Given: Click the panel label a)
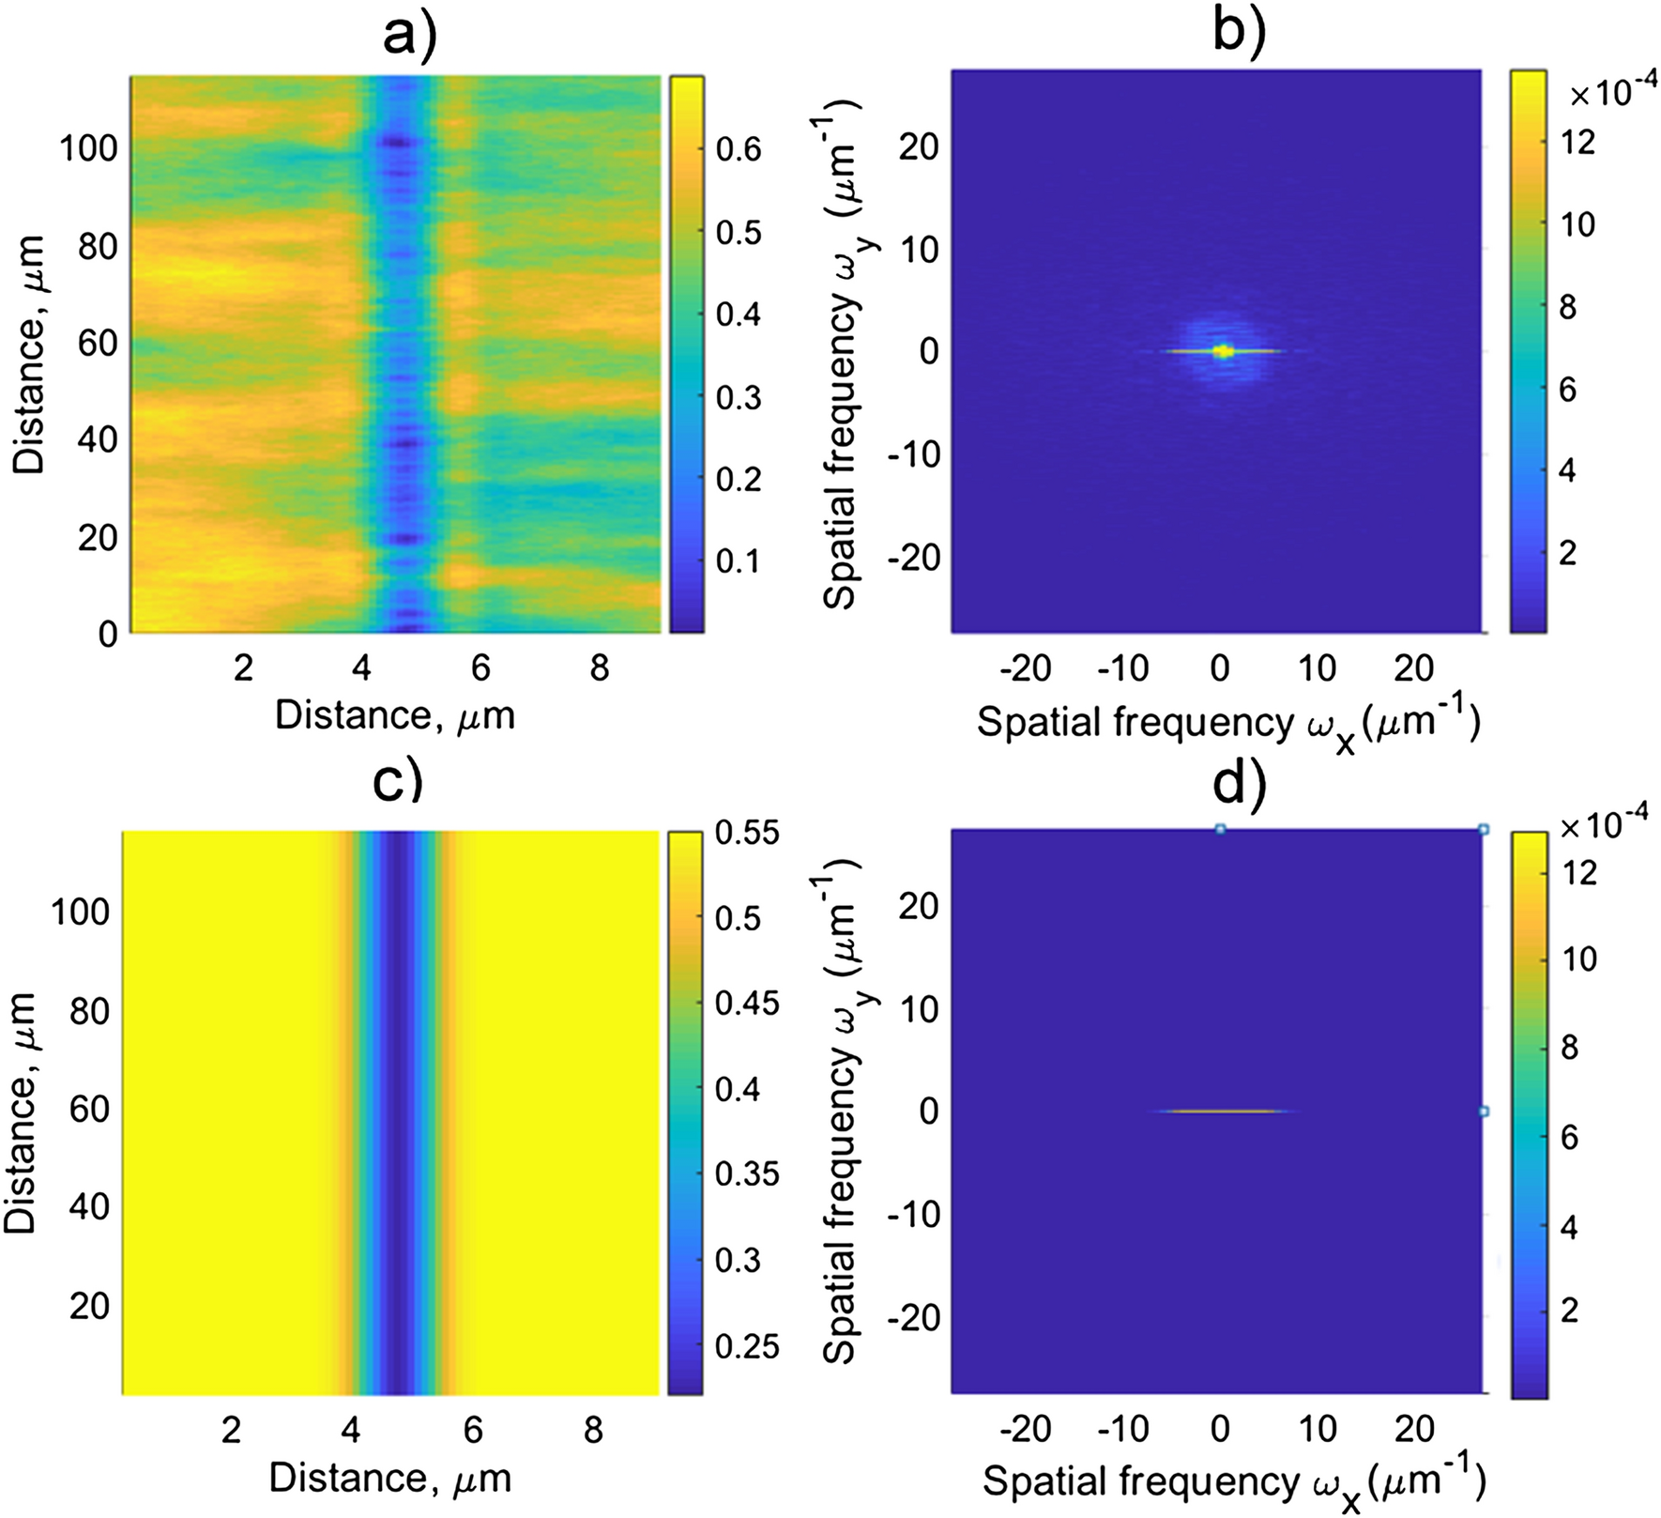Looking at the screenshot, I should (x=409, y=36).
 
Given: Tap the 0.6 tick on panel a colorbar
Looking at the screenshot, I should (x=738, y=149).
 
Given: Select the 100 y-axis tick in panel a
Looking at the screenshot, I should (x=89, y=147).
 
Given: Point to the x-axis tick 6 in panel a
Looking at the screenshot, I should (x=480, y=667).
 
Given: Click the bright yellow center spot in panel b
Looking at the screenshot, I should (x=1222, y=351).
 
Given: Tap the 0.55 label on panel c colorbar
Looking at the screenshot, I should (x=747, y=833).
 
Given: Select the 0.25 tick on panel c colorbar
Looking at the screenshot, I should (x=747, y=1346).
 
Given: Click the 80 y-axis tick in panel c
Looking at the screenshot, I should (x=89, y=1011).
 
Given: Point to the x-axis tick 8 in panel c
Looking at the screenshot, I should (x=593, y=1430).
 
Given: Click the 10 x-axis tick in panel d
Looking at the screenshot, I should (x=1318, y=1428).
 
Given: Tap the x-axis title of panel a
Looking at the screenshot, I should (x=395, y=716).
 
